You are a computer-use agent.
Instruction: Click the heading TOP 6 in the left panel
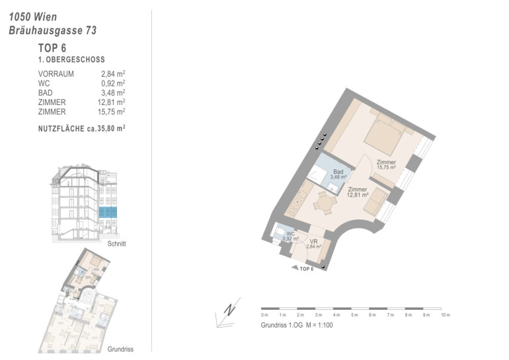pyautogui.click(x=52, y=48)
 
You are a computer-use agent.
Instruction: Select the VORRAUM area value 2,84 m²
pyautogui.click(x=113, y=74)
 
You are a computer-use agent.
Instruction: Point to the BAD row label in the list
pyautogui.click(x=46, y=92)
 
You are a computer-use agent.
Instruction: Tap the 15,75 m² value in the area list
pyautogui.click(x=111, y=112)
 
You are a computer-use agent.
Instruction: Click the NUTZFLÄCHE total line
pyautogui.click(x=82, y=128)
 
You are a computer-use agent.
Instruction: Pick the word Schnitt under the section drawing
pyautogui.click(x=116, y=244)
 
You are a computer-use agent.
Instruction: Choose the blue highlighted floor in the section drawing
pyautogui.click(x=108, y=213)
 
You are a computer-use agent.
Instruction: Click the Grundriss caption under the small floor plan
pyautogui.click(x=120, y=349)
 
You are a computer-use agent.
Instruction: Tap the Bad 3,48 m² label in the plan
pyautogui.click(x=338, y=174)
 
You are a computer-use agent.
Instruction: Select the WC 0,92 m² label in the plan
pyautogui.click(x=291, y=236)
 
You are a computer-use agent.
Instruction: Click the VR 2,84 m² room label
pyautogui.click(x=313, y=244)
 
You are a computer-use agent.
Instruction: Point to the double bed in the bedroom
pyautogui.click(x=385, y=135)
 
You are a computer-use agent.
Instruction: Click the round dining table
pyautogui.click(x=325, y=203)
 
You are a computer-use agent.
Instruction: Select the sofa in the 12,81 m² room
pyautogui.click(x=376, y=201)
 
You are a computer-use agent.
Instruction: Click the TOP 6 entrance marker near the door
pyautogui.click(x=303, y=269)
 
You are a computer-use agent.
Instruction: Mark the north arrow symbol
pyautogui.click(x=228, y=312)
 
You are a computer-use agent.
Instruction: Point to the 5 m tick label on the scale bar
pyautogui.click(x=354, y=315)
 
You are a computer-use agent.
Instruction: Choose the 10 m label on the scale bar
pyautogui.click(x=446, y=315)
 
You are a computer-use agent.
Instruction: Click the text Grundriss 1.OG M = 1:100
pyautogui.click(x=297, y=325)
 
